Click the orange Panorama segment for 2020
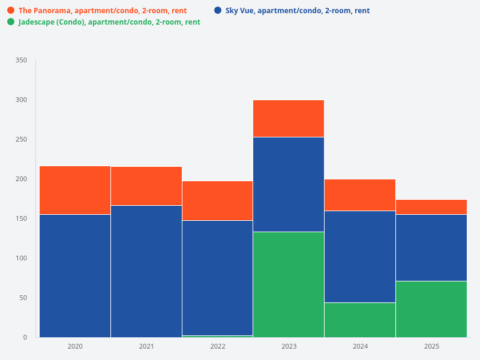click(x=75, y=190)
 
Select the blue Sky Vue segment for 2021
click(x=146, y=271)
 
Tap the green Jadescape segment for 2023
click(x=289, y=284)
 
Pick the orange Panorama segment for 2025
click(x=431, y=207)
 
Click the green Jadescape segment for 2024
click(x=360, y=320)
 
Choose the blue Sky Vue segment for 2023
click(x=289, y=184)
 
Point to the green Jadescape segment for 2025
click(x=431, y=309)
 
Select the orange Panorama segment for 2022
click(x=217, y=200)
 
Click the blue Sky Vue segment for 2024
click(x=360, y=257)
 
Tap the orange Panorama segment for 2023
click(x=289, y=119)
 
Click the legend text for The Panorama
click(x=102, y=11)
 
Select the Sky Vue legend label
click(x=297, y=11)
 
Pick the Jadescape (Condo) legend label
click(x=109, y=22)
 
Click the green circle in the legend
click(x=11, y=22)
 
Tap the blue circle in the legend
click(x=218, y=10)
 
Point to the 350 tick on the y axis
click(x=22, y=61)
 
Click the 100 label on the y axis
click(x=22, y=259)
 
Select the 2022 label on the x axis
click(x=217, y=347)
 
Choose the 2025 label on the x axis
click(x=431, y=347)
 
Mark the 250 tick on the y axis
click(x=22, y=140)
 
